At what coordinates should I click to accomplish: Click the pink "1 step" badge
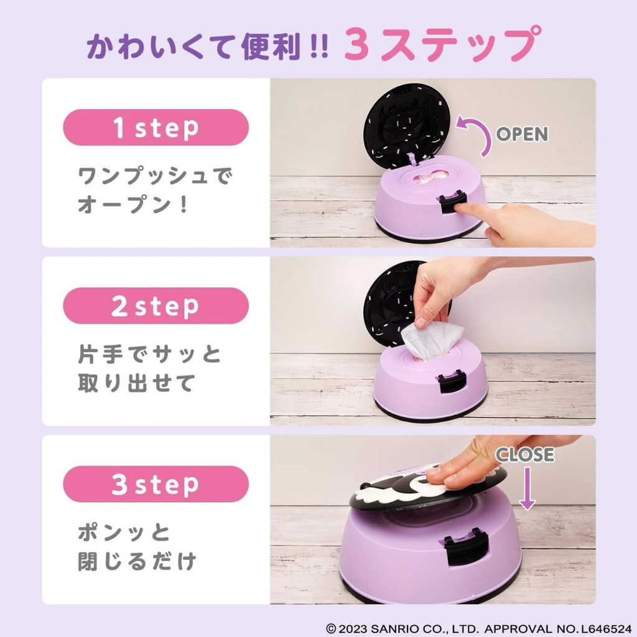coord(156,128)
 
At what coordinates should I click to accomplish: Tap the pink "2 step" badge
coord(156,306)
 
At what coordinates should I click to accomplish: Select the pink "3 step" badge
coord(156,484)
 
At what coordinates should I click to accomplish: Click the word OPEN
coord(522,134)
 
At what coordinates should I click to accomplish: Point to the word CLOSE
coord(524,455)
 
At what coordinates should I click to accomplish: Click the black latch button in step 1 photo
coord(453,203)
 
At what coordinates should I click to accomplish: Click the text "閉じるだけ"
coord(137,562)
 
